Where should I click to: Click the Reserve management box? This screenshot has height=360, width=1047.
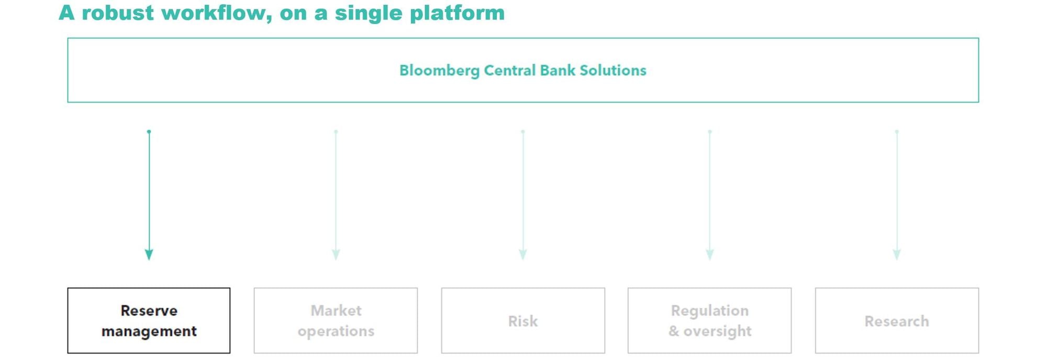[x=149, y=320]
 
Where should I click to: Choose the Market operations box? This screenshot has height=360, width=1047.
[x=336, y=320]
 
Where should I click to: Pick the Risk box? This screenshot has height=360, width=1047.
[x=523, y=320]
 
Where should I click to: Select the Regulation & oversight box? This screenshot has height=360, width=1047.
[x=709, y=320]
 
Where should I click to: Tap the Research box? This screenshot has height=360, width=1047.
[x=897, y=320]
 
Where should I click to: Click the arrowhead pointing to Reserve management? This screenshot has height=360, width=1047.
[x=149, y=254]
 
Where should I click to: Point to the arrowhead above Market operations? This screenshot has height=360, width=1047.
[x=336, y=254]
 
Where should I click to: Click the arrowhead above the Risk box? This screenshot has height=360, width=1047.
[x=522, y=254]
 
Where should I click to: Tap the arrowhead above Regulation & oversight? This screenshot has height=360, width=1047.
[x=710, y=254]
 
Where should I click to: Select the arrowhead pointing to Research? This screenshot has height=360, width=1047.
[x=897, y=254]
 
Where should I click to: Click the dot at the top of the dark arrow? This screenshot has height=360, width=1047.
[x=149, y=131]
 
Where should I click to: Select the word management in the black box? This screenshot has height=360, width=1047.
[x=149, y=332]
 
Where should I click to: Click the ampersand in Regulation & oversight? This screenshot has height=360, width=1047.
[x=674, y=331]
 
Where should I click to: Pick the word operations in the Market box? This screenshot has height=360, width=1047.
[x=336, y=332]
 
